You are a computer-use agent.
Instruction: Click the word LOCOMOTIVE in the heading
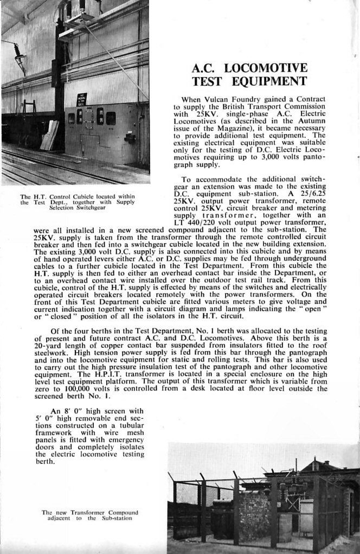point(266,68)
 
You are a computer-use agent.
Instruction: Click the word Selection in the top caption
point(66,208)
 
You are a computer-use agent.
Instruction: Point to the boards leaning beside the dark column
point(50,135)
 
